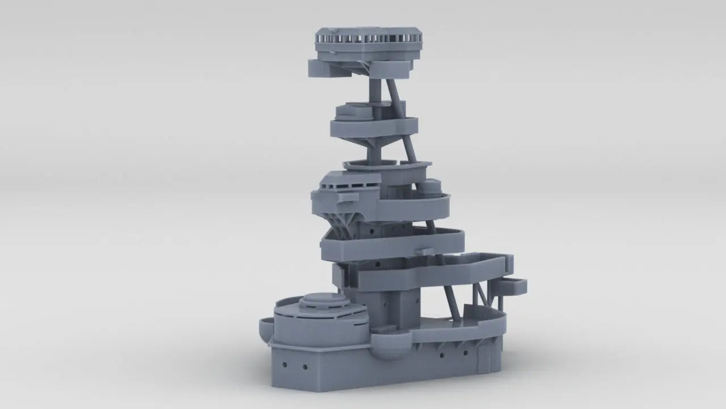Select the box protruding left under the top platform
(324, 68)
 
